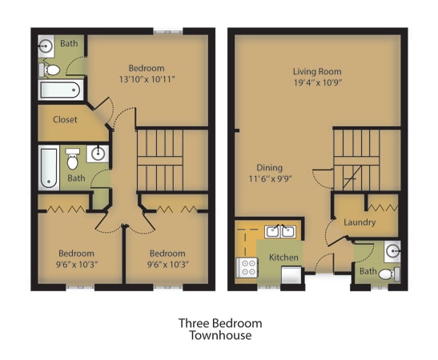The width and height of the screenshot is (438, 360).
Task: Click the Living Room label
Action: pyautogui.click(x=317, y=71)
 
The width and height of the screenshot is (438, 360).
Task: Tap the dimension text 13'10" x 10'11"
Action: pyautogui.click(x=147, y=79)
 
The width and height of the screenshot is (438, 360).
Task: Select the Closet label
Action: pyautogui.click(x=65, y=120)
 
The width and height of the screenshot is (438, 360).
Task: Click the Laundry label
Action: pyautogui.click(x=360, y=222)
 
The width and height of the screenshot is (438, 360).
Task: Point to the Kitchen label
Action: pyautogui.click(x=283, y=258)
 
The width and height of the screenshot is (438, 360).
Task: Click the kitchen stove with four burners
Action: pyautogui.click(x=247, y=268)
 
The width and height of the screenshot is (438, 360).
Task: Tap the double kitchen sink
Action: pyautogui.click(x=280, y=232)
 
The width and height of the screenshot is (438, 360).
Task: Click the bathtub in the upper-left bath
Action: pyautogui.click(x=61, y=90)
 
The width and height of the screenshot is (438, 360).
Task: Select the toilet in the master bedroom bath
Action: pyautogui.click(x=50, y=70)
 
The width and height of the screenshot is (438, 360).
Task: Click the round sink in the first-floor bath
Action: pyautogui.click(x=392, y=251)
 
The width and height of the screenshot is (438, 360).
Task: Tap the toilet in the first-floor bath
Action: pyautogui.click(x=389, y=274)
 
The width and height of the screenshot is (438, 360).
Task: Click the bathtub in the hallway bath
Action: pyautogui.click(x=49, y=168)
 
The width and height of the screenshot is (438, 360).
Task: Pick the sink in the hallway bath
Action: pyautogui.click(x=98, y=154)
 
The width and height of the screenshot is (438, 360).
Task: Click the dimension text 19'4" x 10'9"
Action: pyautogui.click(x=318, y=82)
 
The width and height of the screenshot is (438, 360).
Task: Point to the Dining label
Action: pyautogui.click(x=270, y=168)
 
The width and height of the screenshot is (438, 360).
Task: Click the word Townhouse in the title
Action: pyautogui.click(x=220, y=335)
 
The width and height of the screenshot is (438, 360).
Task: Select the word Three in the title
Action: pyautogui.click(x=194, y=323)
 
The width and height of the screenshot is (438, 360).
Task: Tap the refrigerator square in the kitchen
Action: pyautogui.click(x=291, y=275)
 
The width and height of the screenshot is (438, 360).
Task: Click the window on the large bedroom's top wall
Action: pyautogui.click(x=168, y=31)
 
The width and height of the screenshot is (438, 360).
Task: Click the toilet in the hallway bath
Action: pyautogui.click(x=73, y=159)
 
